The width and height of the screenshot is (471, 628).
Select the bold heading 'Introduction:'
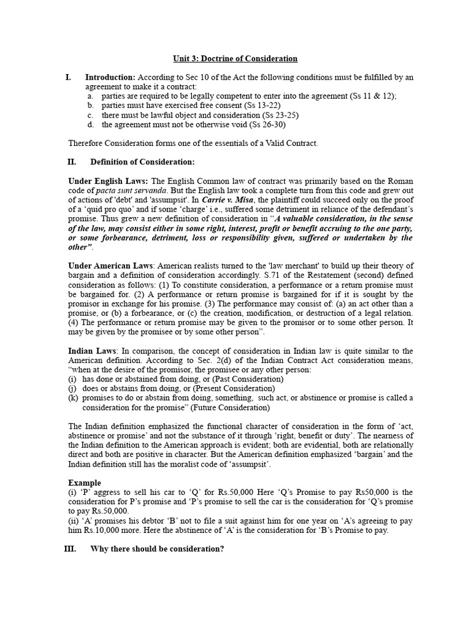pos(110,77)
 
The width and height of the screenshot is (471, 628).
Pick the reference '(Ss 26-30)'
pos(267,124)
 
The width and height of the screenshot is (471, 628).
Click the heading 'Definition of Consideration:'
pos(142,162)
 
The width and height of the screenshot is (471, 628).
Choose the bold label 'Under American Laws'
pos(112,266)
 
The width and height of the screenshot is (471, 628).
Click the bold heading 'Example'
pos(85,483)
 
